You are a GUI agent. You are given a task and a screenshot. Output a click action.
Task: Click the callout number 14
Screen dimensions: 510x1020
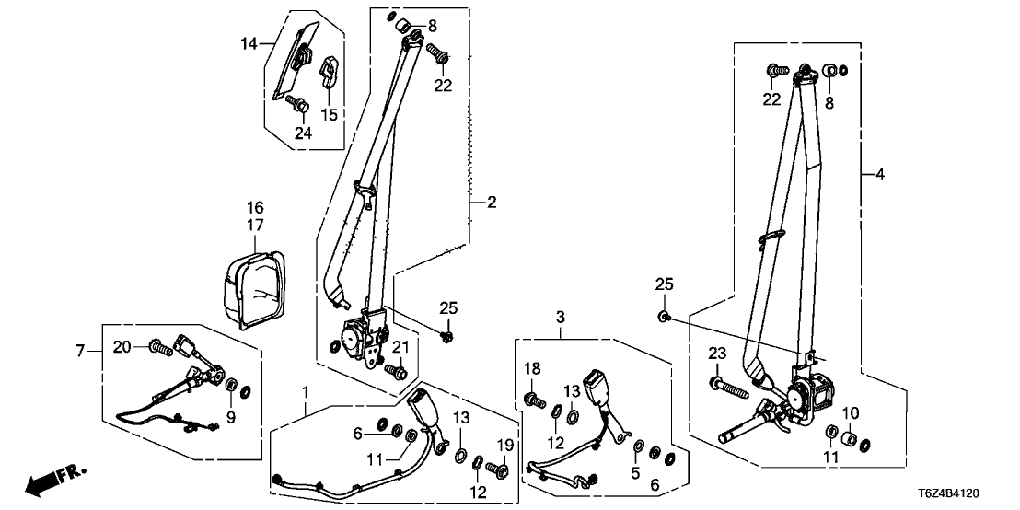tap(250, 43)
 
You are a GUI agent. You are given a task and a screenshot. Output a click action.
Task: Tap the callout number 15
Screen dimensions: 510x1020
tap(329, 114)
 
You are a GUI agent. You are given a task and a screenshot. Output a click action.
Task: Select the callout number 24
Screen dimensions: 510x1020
tap(303, 133)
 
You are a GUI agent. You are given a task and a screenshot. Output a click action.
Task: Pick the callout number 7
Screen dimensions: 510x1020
tap(80, 350)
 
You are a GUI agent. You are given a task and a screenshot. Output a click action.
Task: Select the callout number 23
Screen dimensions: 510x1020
tap(718, 353)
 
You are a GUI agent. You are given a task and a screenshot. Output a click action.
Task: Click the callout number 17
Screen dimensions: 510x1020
tap(255, 225)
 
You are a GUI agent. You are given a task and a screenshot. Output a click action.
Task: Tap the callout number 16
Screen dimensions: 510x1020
tap(255, 207)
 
